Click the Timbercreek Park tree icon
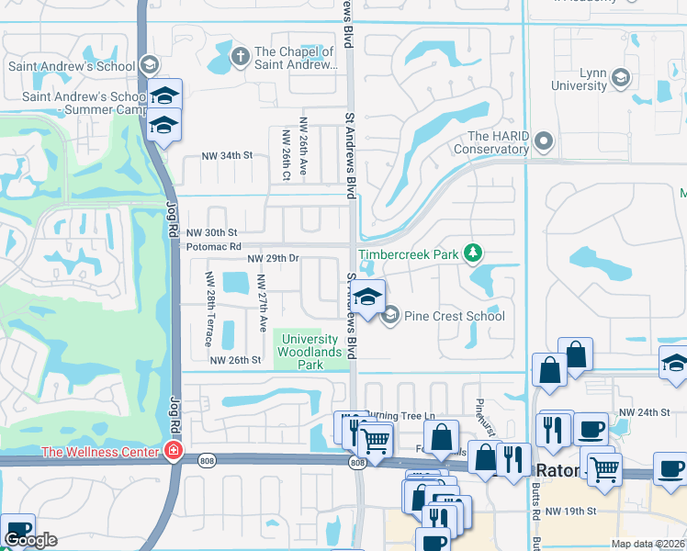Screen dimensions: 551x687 coord(473,252)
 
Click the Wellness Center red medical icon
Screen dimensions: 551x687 coord(172,450)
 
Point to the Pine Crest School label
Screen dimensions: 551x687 coord(453,316)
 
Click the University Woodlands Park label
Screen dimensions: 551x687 coord(303,352)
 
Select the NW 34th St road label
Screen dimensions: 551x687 coord(228,155)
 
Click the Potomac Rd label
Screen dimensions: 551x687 coord(213,247)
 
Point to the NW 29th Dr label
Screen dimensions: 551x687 coord(273,259)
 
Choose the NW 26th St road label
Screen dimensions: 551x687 coord(236,360)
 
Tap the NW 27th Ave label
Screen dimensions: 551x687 coord(262,303)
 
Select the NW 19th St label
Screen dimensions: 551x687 coord(571,510)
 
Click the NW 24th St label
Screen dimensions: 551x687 coord(640,412)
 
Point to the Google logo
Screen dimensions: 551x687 coord(30,540)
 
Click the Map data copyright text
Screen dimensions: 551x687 coord(648,544)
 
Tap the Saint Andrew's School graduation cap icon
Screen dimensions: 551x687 coord(150,65)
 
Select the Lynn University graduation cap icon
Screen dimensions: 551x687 coord(622,77)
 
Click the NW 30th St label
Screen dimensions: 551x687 coord(212,233)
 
